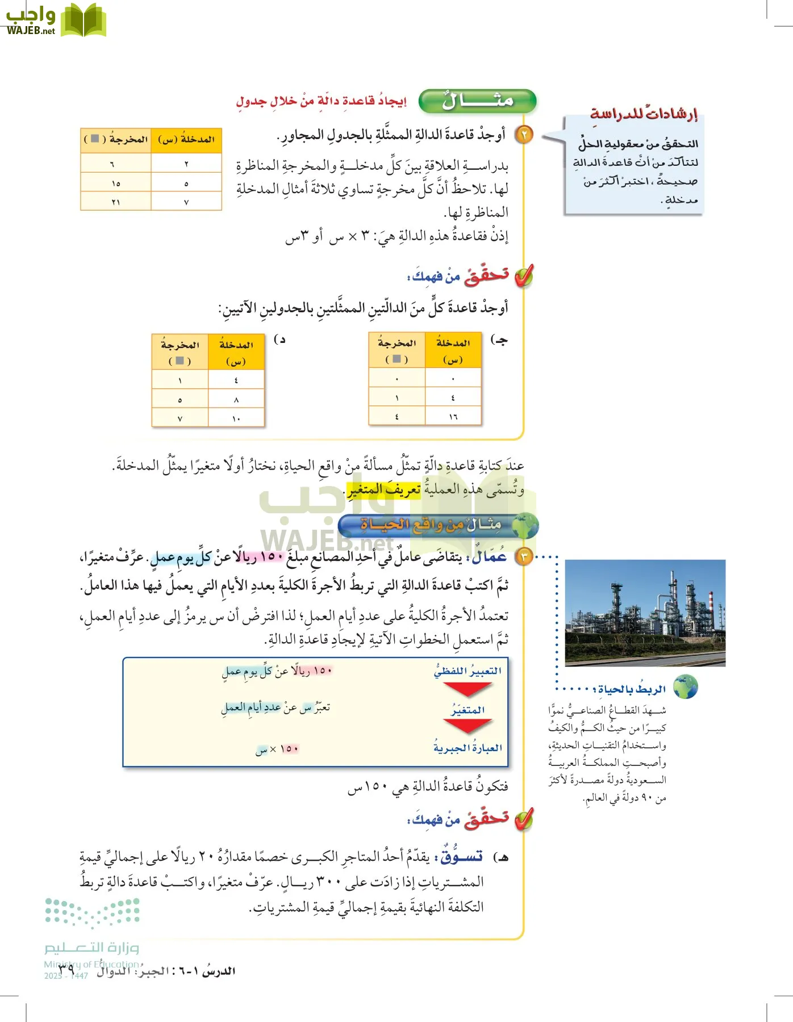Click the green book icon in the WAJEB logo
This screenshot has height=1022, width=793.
pyautogui.click(x=83, y=20)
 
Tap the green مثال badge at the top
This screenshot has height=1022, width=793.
pyautogui.click(x=477, y=101)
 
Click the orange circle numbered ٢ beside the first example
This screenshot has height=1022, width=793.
pyautogui.click(x=524, y=135)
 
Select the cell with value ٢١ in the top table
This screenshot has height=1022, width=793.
pyautogui.click(x=116, y=202)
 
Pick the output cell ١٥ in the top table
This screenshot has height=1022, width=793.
pyautogui.click(x=116, y=183)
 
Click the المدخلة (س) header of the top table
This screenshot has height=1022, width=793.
pyautogui.click(x=186, y=140)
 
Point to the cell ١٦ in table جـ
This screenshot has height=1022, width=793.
pyautogui.click(x=453, y=417)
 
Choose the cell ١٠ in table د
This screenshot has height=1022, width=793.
pyautogui.click(x=236, y=418)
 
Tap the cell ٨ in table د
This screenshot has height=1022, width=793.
pyautogui.click(x=236, y=400)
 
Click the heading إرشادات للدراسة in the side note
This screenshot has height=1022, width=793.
pyautogui.click(x=644, y=114)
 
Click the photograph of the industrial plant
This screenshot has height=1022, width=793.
pyautogui.click(x=645, y=612)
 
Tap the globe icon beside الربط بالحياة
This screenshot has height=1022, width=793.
pyautogui.click(x=685, y=688)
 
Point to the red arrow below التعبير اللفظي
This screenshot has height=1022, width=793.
pyautogui.click(x=467, y=689)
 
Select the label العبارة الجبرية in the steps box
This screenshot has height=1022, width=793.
pyautogui.click(x=468, y=748)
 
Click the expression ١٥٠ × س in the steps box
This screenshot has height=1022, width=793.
pyautogui.click(x=277, y=749)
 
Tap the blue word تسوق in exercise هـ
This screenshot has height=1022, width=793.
pyautogui.click(x=462, y=856)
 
